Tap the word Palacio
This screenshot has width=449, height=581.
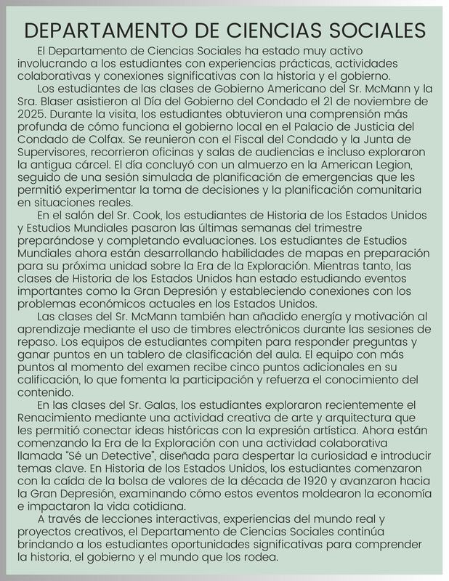pos(304,128)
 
